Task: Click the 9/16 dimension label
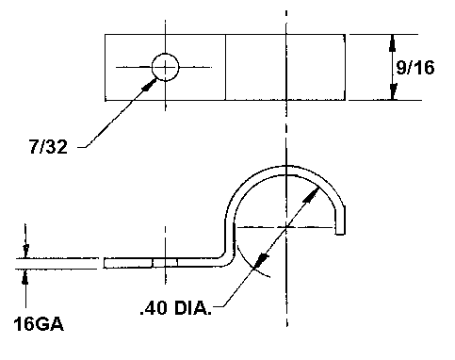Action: (415, 68)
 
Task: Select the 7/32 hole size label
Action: (48, 146)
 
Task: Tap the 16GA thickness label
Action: (39, 324)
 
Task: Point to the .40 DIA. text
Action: (176, 308)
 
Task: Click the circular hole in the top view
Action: (166, 67)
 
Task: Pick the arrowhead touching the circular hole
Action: (150, 85)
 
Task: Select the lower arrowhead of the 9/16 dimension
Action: (393, 91)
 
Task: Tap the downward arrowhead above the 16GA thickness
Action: (25, 251)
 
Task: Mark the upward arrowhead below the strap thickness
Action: (25, 277)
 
